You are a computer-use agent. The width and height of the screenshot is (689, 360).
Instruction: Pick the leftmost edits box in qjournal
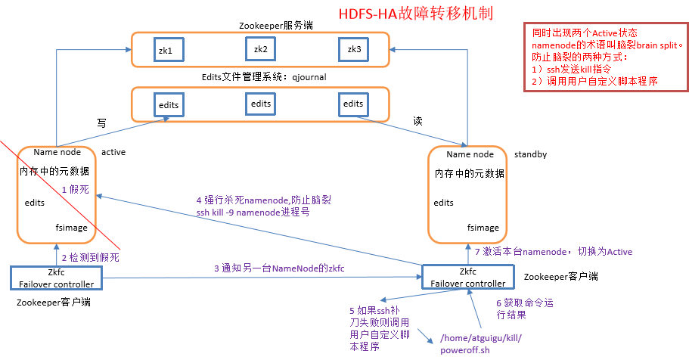pos(168,104)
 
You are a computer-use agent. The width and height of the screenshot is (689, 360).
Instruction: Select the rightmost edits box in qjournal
pos(353,104)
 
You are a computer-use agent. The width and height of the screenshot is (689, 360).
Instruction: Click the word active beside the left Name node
pos(113,152)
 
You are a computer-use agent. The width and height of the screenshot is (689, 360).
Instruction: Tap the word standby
pos(530,154)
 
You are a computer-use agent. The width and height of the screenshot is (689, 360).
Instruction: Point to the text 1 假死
pos(75,191)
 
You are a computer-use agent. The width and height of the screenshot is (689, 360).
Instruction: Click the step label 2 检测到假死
pos(90,257)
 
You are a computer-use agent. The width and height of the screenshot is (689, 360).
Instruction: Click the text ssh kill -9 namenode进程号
pos(253,213)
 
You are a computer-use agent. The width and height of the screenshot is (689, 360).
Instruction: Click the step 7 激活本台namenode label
pos(553,252)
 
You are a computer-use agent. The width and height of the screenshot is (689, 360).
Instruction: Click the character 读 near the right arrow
pos(417,120)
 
